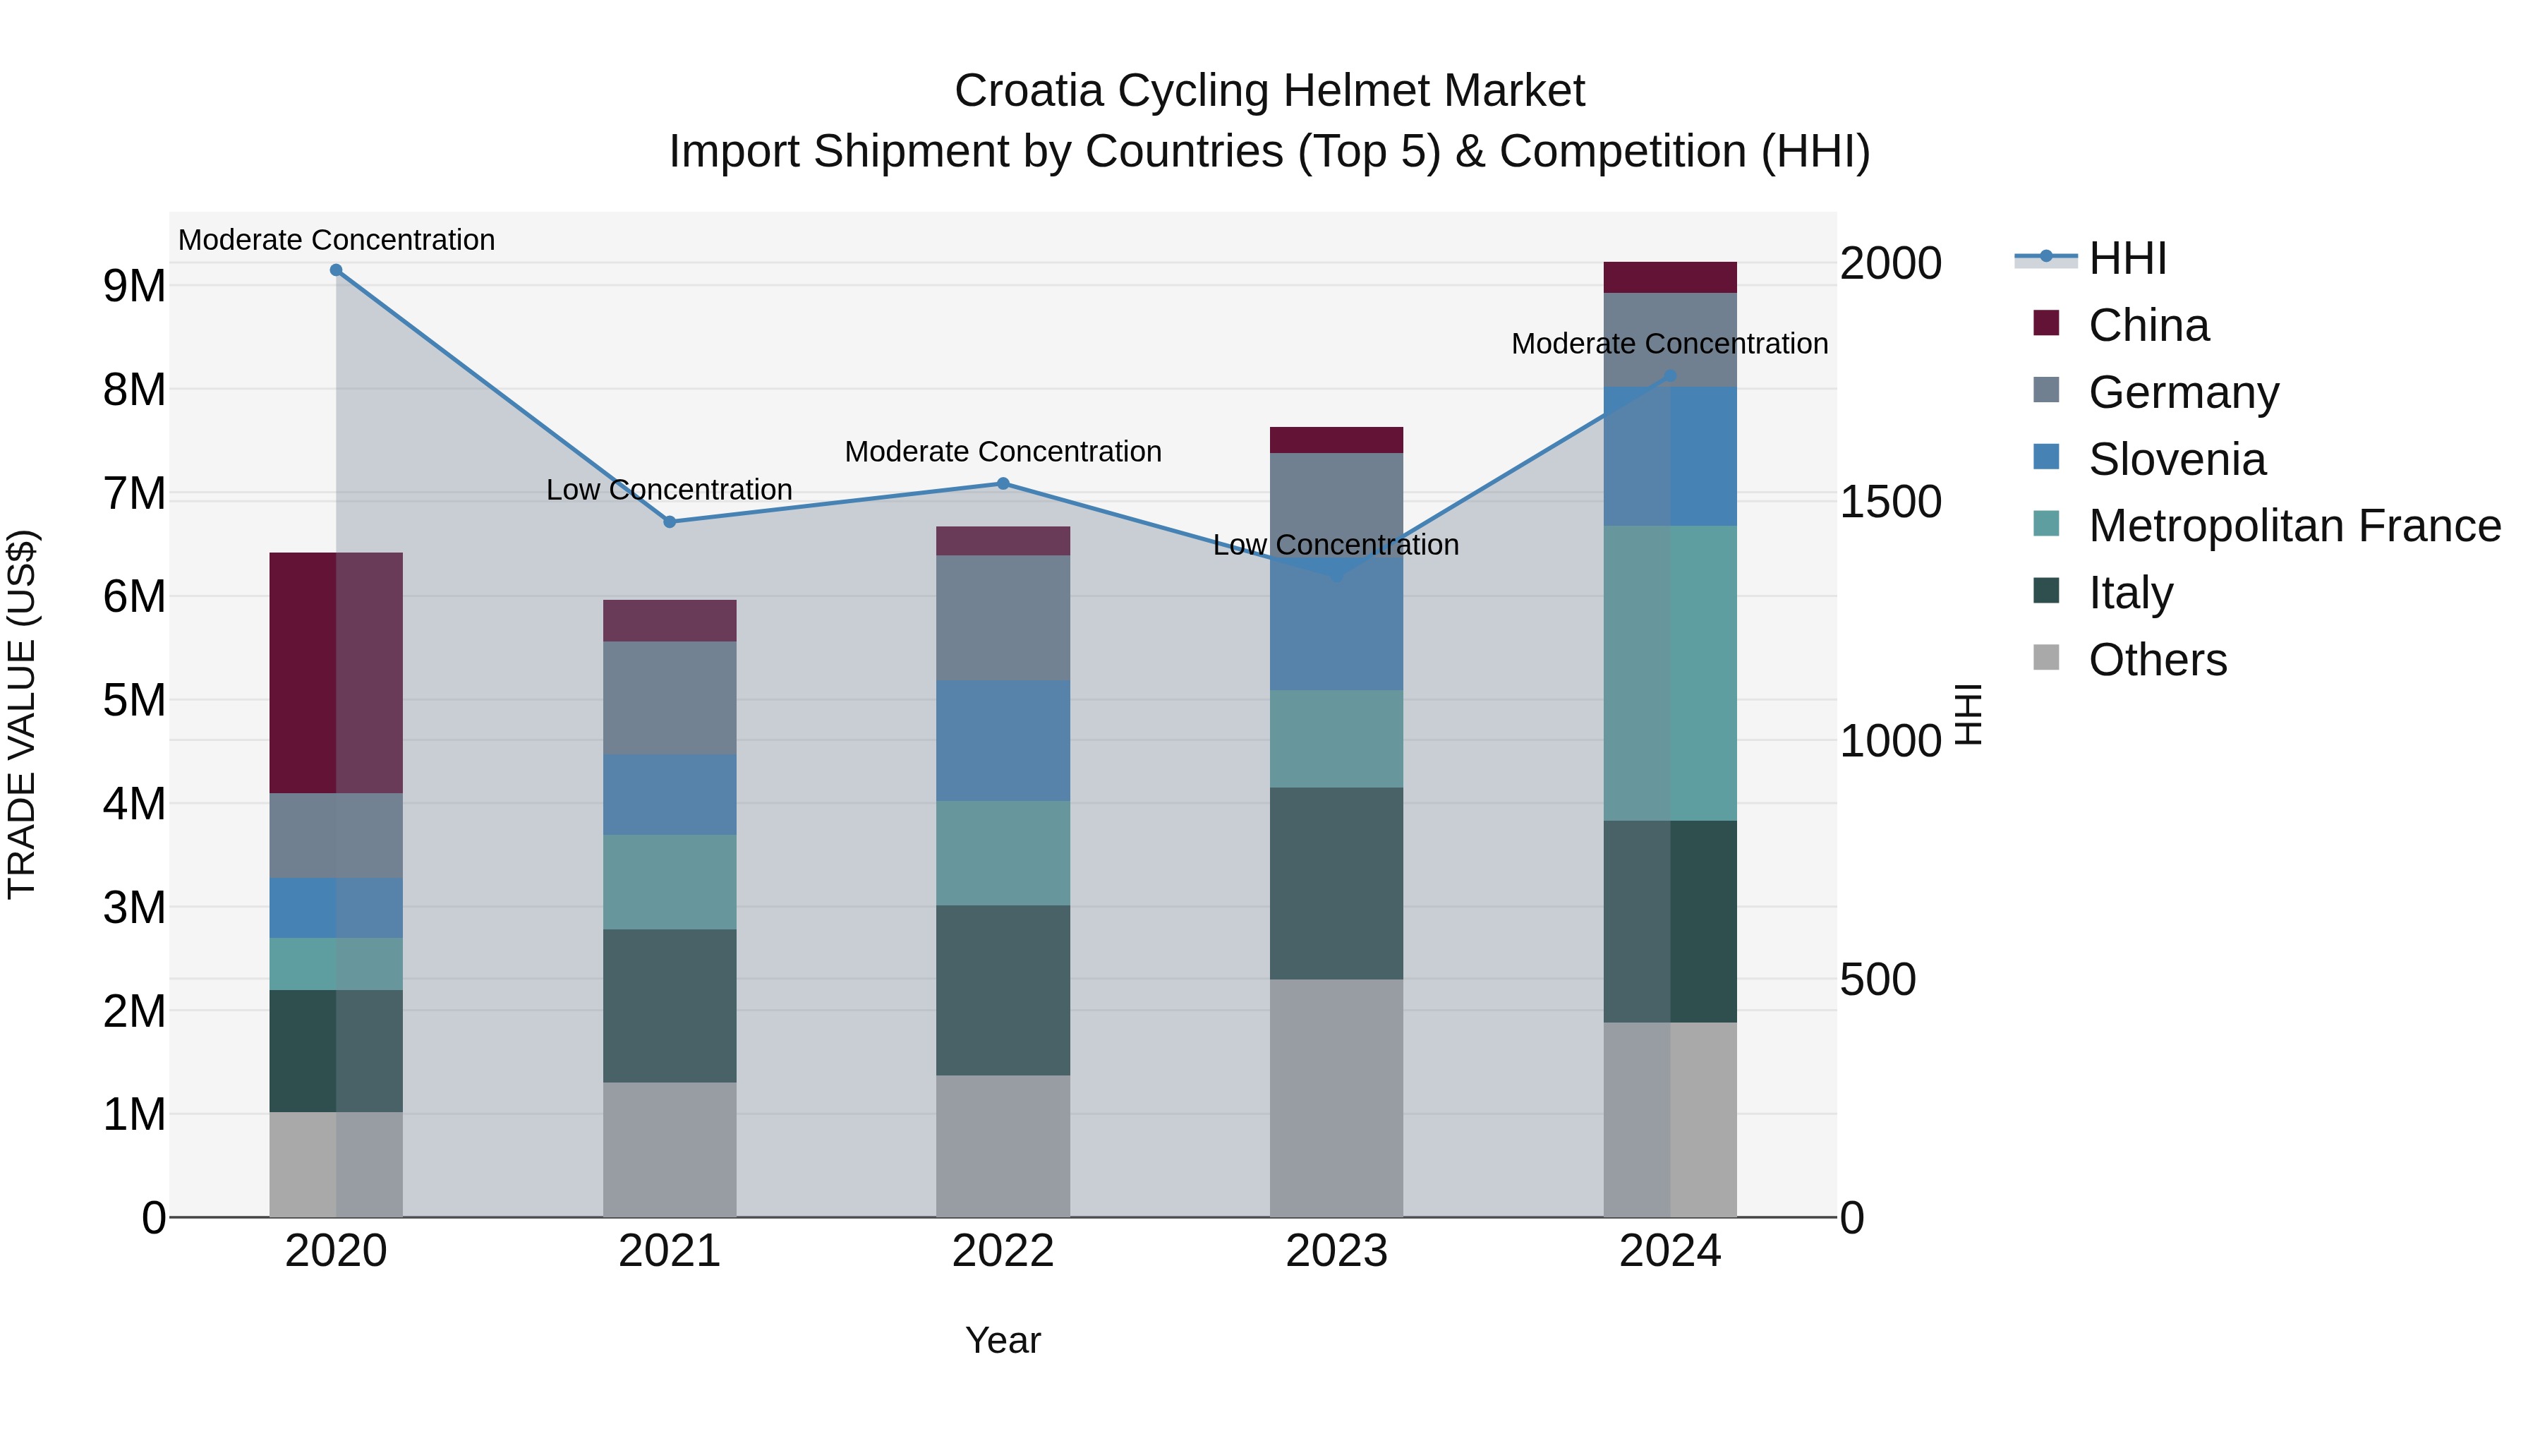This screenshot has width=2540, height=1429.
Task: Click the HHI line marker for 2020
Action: [337, 270]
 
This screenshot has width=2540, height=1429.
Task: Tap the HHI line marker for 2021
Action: [670, 521]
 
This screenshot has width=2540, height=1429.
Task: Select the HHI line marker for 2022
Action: [1003, 483]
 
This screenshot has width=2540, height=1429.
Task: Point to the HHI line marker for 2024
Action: [1670, 375]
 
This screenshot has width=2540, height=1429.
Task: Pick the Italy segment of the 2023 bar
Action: [1336, 883]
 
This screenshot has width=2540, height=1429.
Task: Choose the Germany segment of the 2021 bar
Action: [670, 697]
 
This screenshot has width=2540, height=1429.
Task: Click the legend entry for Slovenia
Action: [2176, 459]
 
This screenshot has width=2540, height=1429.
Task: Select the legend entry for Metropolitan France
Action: [2294, 526]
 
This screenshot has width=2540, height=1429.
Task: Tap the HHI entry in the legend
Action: [2127, 258]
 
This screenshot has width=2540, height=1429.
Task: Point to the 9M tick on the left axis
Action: [134, 286]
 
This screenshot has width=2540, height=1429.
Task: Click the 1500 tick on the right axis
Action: [1890, 502]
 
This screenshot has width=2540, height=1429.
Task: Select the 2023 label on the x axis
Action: [1336, 1251]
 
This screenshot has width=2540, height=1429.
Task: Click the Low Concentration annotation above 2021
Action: [670, 490]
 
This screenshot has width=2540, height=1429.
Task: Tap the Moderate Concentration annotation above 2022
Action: [1003, 452]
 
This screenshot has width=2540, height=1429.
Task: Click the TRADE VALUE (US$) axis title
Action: [23, 714]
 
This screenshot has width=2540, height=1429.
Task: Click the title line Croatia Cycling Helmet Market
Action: [1269, 91]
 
